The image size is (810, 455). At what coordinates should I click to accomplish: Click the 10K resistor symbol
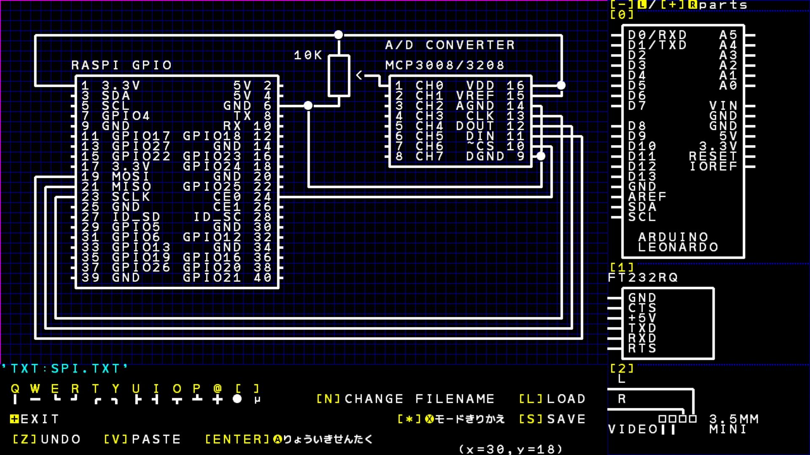[339, 76]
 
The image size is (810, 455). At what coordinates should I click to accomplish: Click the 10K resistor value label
[308, 55]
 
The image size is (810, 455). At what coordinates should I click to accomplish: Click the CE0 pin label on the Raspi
[227, 197]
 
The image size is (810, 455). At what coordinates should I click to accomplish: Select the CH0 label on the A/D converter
[429, 86]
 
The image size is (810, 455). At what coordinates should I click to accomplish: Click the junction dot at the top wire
[338, 35]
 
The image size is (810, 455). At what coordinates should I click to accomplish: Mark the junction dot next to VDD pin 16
[561, 86]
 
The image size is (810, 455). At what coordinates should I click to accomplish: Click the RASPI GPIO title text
[121, 65]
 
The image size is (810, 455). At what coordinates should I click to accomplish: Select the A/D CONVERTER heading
[450, 45]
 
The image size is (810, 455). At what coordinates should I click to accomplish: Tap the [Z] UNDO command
[46, 439]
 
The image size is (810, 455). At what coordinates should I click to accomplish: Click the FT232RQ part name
[643, 278]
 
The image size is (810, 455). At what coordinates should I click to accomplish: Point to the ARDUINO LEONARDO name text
[678, 242]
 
